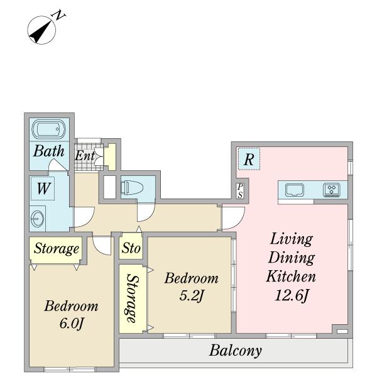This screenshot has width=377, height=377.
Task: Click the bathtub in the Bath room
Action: (49, 129)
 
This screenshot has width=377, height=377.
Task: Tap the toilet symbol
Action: (132, 187)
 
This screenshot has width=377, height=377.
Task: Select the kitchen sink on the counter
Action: (295, 190)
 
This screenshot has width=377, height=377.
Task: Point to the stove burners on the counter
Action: (332, 190)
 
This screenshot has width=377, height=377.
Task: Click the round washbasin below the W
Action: (37, 218)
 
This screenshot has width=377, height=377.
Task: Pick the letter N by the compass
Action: (58, 15)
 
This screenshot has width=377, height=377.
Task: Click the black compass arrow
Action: (41, 31)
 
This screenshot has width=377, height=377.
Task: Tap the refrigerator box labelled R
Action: (249, 159)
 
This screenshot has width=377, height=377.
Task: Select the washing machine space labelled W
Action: (43, 188)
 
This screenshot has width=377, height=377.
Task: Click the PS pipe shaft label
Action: (240, 190)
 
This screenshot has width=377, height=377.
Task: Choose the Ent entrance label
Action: (84, 156)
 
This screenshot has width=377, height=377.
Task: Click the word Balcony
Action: (236, 351)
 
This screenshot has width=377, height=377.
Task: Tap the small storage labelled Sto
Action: (131, 248)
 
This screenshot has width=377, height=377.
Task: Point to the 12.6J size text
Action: (292, 295)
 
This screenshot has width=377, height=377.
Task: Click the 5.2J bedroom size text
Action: (192, 296)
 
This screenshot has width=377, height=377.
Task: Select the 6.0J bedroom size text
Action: (72, 324)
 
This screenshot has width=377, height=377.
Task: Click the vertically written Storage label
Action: (132, 298)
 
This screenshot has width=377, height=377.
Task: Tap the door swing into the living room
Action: (233, 218)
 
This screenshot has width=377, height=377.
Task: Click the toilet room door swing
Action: (146, 212)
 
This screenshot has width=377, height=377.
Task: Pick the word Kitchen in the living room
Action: (291, 276)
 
